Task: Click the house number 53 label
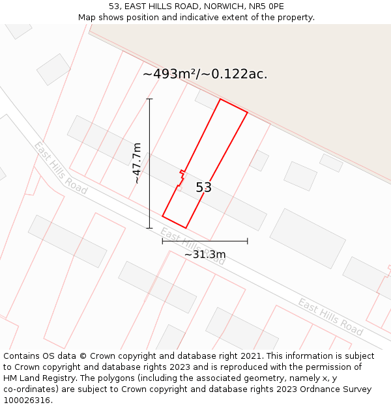tap(204, 188)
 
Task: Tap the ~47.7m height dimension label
tap(137, 163)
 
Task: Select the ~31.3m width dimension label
tap(205, 254)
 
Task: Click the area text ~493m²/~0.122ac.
tap(205, 74)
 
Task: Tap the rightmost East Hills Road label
tap(330, 316)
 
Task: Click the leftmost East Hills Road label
tap(61, 167)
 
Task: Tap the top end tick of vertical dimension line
tap(149, 99)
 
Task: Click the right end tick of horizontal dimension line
tap(248, 241)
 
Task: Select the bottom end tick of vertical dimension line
tap(149, 228)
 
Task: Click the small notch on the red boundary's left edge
tap(181, 174)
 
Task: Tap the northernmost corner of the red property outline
tap(220, 99)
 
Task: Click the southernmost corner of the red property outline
tap(186, 228)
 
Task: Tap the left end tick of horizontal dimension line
tap(162, 241)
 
